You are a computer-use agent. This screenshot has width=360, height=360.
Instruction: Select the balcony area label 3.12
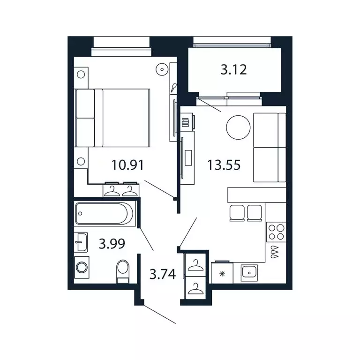pos(233,70)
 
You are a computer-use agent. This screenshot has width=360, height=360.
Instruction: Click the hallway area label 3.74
pos(162,274)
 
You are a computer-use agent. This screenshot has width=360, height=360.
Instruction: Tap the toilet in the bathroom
pos(123,271)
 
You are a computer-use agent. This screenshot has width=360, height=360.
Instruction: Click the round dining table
pos(239,127)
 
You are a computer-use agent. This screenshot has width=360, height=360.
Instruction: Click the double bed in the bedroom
pos(112,118)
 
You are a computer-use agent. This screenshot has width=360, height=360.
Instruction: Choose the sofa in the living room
pos(269,147)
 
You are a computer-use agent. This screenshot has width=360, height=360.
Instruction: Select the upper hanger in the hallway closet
pos(195,265)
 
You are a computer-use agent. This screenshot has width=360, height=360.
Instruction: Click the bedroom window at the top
pos(121,43)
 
